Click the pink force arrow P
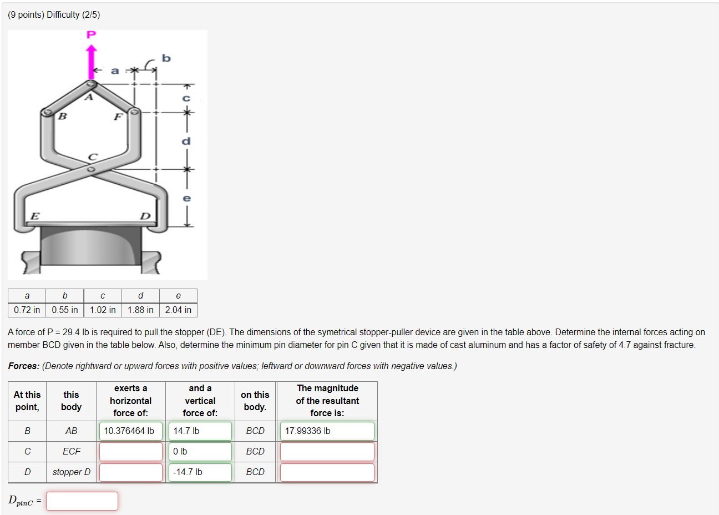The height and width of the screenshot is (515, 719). coord(92,62)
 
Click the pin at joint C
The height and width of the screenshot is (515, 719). coord(92,168)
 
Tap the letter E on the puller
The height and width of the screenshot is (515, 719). coord(34,216)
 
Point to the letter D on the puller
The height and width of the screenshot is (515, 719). coord(145,216)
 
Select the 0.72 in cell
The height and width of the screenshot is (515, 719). coord(27,310)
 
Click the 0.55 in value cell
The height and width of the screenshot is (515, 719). coord(65,310)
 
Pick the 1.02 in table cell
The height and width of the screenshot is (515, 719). coord(103,310)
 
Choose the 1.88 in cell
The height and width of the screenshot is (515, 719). coord(140,310)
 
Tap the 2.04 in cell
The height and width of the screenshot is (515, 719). coord(178,310)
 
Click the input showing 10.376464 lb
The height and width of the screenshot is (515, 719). coord(131,431)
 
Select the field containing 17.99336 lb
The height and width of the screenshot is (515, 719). coord(327,431)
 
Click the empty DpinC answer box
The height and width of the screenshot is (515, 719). coord(82,501)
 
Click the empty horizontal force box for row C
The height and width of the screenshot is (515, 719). coord(131,452)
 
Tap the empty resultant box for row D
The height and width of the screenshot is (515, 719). coord(327,472)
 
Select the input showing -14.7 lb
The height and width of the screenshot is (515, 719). coord(200,472)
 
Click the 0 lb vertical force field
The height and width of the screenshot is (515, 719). coord(200,452)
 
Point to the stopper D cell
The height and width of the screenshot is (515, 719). coord(72,472)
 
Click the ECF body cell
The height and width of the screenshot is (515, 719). coord(72,452)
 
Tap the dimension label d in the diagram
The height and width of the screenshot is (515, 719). coord(186,141)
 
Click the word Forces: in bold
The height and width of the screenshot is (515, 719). coord(24,366)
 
